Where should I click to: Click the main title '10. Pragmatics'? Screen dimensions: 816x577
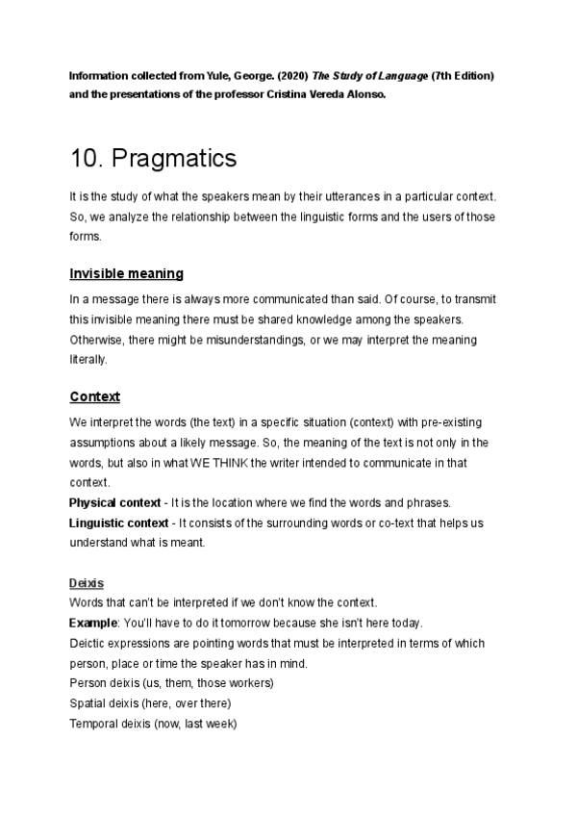pos(154,158)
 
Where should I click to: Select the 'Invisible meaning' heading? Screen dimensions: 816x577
pos(127,273)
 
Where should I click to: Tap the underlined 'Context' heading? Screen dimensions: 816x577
pos(94,396)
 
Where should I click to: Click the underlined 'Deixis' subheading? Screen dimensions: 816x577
pos(87,583)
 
